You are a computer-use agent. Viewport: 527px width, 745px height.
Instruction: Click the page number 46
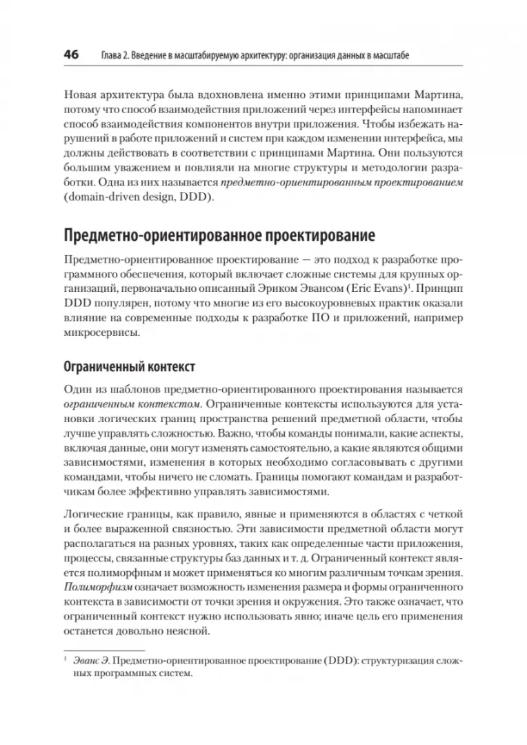click(x=71, y=54)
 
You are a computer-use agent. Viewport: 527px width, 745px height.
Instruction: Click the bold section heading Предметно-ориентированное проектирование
click(x=219, y=236)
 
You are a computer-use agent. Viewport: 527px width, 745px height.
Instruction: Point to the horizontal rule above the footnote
click(x=103, y=650)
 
